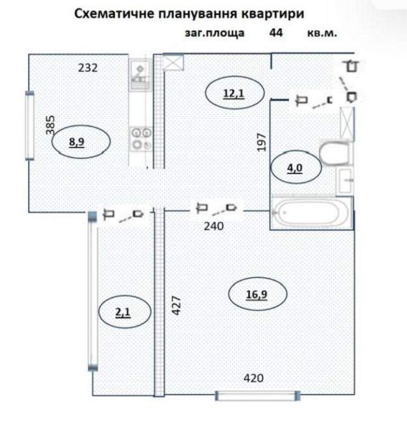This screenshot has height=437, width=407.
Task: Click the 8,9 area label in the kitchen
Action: click(x=76, y=142)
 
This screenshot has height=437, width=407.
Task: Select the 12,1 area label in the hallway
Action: click(x=234, y=93)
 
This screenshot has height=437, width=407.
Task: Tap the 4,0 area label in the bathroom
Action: click(x=294, y=168)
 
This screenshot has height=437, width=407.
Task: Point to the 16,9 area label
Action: click(x=257, y=294)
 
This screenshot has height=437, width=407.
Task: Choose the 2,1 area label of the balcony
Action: click(x=122, y=312)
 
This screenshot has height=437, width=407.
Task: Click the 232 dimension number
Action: click(x=88, y=68)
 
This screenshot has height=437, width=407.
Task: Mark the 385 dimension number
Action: click(x=50, y=125)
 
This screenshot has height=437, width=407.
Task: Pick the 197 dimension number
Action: click(x=262, y=142)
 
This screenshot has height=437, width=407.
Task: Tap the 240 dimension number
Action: click(x=214, y=226)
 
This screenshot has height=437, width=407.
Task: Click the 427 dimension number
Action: click(x=176, y=305)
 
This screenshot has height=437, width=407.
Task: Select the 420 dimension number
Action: click(x=253, y=378)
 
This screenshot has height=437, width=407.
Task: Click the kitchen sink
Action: click(x=140, y=74)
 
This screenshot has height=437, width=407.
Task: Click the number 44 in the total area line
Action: click(x=275, y=33)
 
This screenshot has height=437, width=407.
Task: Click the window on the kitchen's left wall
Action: click(x=30, y=125)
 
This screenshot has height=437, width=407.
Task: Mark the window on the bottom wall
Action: click(x=258, y=395)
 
